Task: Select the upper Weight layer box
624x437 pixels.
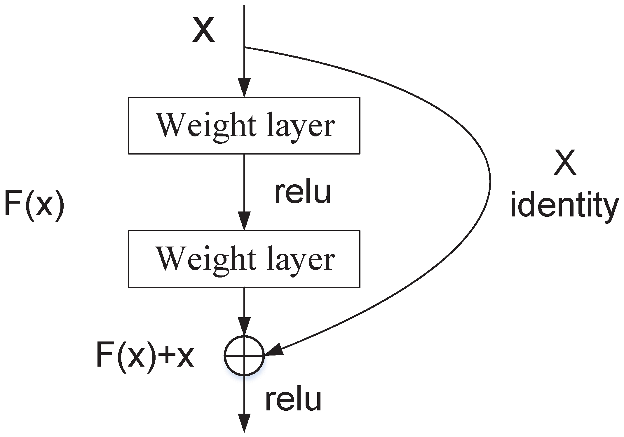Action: [244, 126]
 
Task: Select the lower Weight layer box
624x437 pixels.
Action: [244, 259]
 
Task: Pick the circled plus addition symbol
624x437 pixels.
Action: [244, 356]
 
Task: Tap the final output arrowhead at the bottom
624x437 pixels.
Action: [244, 423]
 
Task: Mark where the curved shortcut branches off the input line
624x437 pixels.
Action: [245, 47]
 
